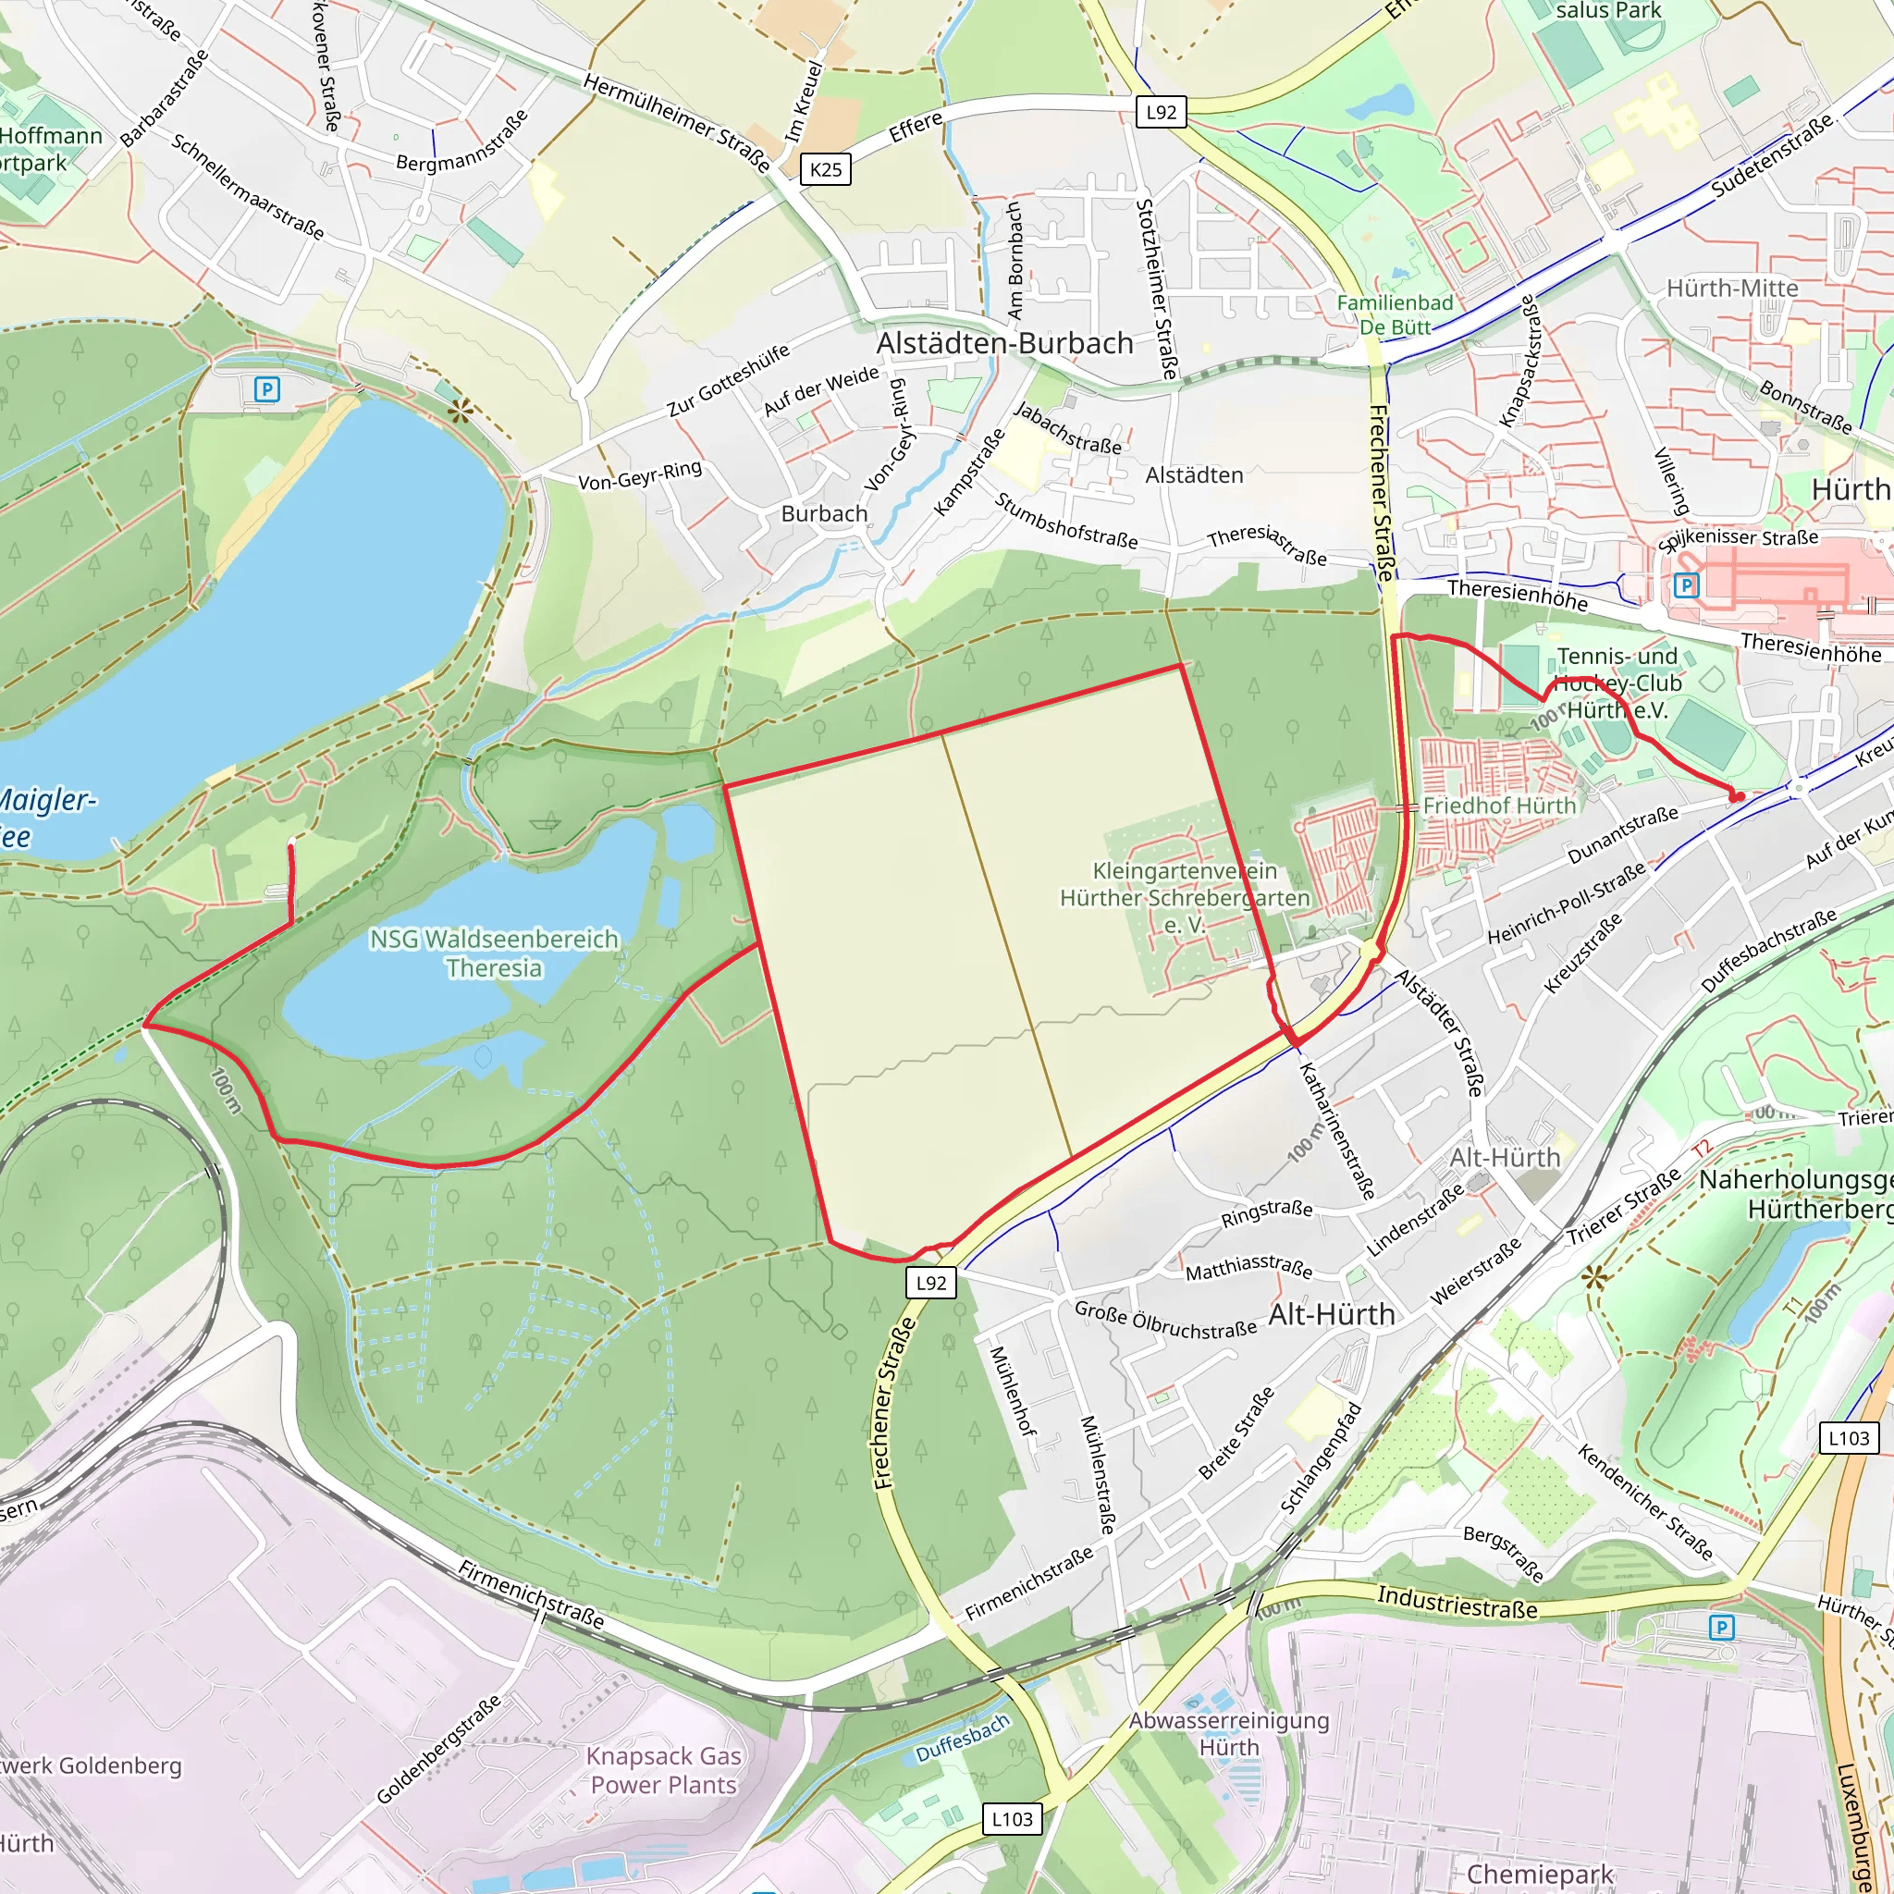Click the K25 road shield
tap(826, 169)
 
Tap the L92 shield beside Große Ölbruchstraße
tap(930, 1283)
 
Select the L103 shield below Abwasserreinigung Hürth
tap(1012, 1819)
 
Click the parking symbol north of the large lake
tap(266, 390)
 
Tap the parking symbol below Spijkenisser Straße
tap(1685, 586)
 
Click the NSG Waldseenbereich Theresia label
tap(494, 953)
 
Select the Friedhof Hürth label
tap(1499, 806)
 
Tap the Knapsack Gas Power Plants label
tap(664, 1769)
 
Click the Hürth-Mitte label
tap(1732, 289)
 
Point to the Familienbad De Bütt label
tap(1394, 314)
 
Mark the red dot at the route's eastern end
tap(1736, 797)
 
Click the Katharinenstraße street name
tap(1336, 1131)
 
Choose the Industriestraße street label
tap(1457, 1603)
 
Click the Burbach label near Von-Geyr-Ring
tap(823, 513)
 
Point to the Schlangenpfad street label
tap(1322, 1457)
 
